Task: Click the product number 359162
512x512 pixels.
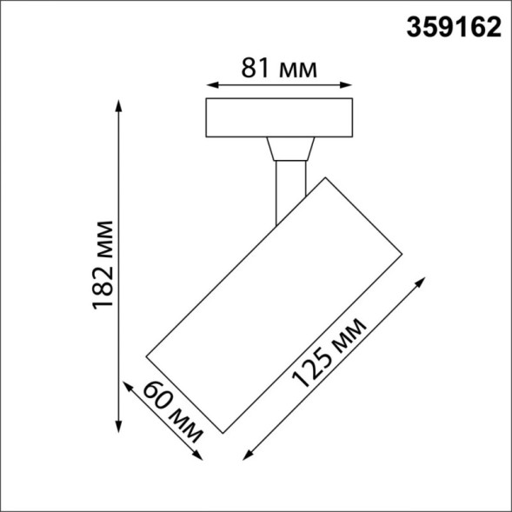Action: pyautogui.click(x=455, y=28)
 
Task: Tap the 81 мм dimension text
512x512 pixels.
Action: pyautogui.click(x=277, y=69)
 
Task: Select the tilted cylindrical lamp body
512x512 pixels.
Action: pyautogui.click(x=274, y=304)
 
